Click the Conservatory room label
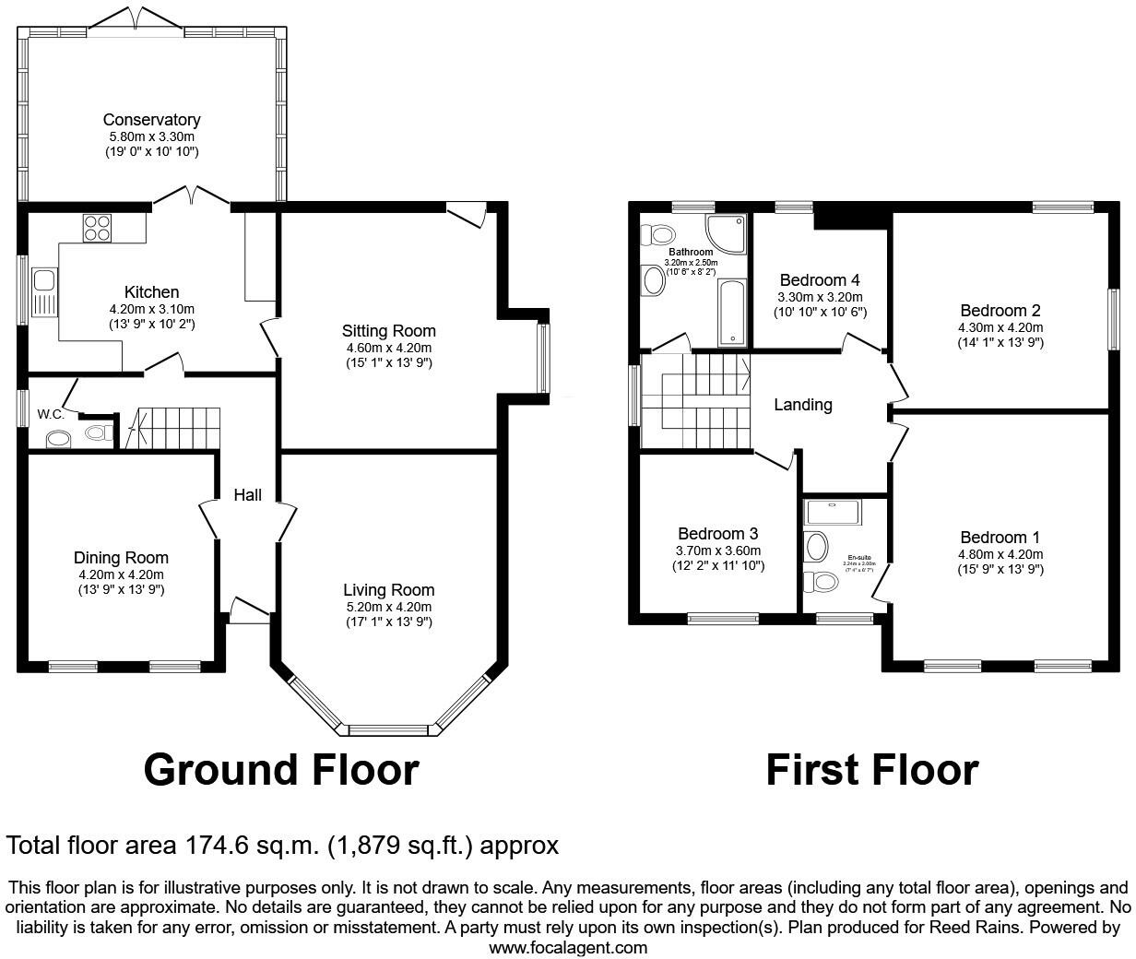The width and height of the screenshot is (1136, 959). (151, 120)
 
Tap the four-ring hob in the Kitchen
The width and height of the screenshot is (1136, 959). (97, 227)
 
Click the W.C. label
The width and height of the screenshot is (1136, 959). (51, 414)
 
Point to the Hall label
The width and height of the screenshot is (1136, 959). (247, 495)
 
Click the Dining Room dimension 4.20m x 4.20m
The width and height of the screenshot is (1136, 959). (121, 574)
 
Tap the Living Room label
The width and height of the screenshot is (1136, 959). (388, 590)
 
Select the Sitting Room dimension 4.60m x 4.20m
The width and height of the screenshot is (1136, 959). (388, 348)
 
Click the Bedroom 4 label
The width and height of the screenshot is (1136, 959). (820, 280)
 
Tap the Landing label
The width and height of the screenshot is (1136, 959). (802, 405)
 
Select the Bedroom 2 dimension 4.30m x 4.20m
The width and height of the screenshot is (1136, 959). (1000, 327)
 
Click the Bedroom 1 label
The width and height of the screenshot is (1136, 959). (1000, 538)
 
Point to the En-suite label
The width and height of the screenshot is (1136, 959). (858, 558)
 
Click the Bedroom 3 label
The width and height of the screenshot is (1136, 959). (717, 534)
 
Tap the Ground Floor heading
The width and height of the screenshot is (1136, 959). (280, 770)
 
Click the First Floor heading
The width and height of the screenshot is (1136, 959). (871, 770)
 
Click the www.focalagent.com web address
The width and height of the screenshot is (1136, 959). (567, 947)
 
